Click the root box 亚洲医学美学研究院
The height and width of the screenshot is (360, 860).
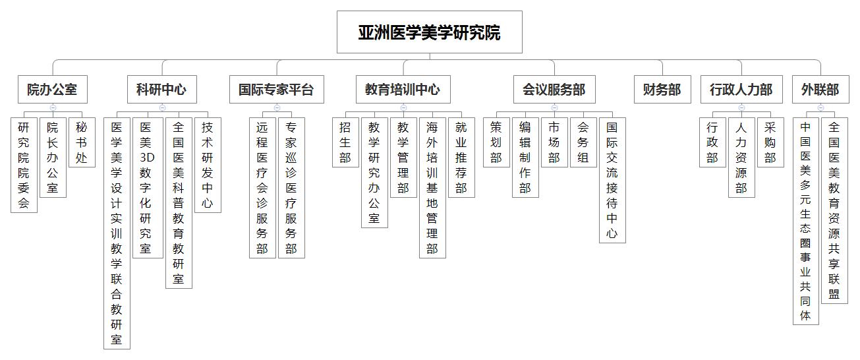[x=429, y=32]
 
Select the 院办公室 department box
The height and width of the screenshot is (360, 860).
[x=53, y=89]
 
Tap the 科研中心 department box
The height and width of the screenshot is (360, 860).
[x=162, y=89]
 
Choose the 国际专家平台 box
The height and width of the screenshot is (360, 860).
[x=277, y=89]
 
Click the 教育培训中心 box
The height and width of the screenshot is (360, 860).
[x=403, y=89]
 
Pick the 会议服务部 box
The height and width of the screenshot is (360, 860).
[x=554, y=89]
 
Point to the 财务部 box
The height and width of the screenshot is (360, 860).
[x=662, y=89]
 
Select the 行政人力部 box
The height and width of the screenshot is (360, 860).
[x=741, y=89]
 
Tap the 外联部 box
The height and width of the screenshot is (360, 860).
[x=820, y=89]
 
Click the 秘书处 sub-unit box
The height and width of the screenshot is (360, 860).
[x=82, y=142]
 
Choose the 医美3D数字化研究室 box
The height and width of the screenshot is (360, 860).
[x=148, y=187]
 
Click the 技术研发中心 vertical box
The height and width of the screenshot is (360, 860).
[x=208, y=165]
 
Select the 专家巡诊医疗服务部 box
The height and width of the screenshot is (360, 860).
[x=291, y=187]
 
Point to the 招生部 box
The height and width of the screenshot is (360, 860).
[x=345, y=142]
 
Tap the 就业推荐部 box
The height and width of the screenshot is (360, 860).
[x=461, y=158]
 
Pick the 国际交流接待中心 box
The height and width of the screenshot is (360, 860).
[x=612, y=180]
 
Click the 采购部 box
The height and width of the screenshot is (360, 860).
[x=770, y=142]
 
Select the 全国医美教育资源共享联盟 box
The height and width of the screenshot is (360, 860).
[x=834, y=210]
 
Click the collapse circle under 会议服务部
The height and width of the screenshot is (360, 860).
[x=554, y=107]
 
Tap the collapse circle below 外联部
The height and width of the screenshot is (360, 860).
[x=821, y=107]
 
